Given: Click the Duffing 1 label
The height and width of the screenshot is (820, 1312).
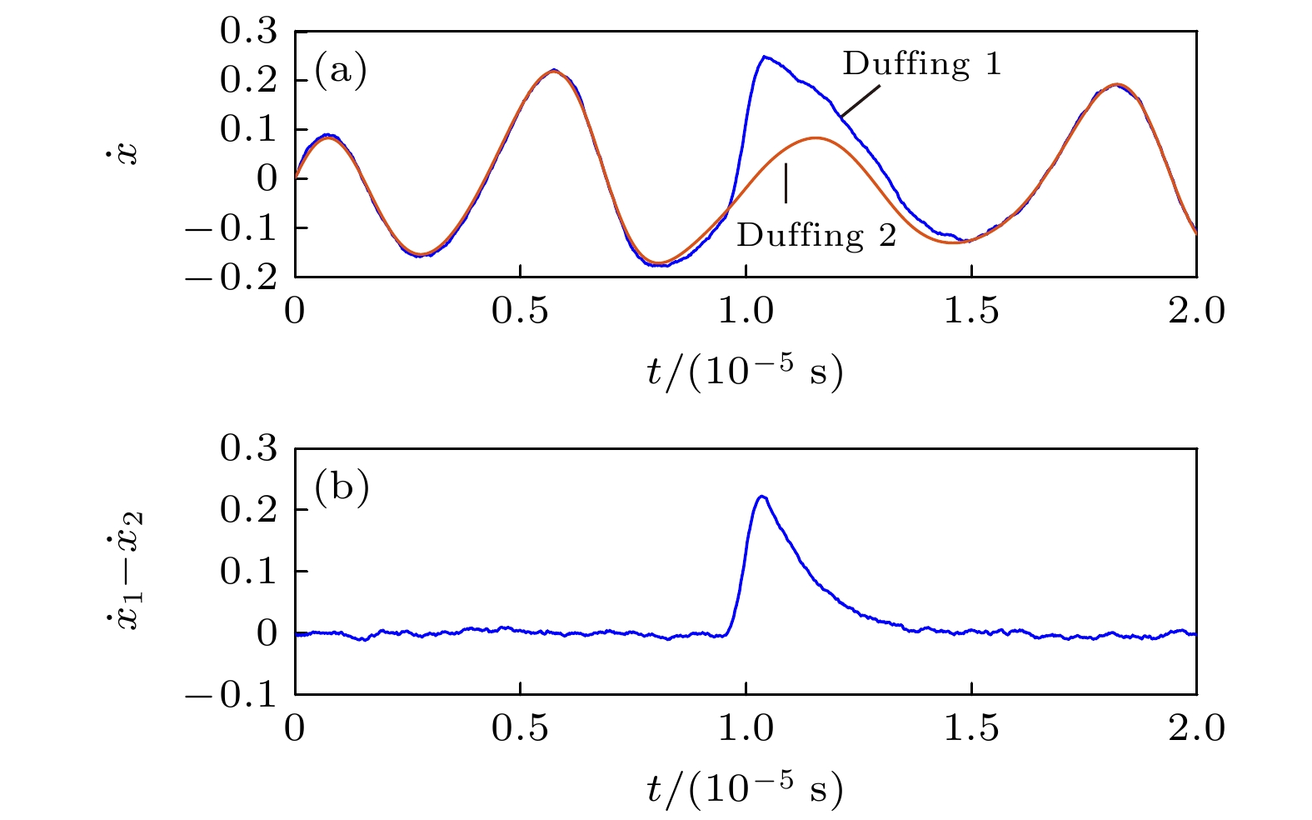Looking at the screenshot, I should click(921, 64).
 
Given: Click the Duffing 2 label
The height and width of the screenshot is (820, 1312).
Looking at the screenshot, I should click(816, 236).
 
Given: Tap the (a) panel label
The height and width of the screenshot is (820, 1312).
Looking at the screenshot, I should click(341, 71).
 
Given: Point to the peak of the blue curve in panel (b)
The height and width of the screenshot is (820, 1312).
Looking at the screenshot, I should click(761, 497).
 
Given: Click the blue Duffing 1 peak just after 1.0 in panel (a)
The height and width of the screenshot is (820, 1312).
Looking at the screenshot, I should click(764, 57).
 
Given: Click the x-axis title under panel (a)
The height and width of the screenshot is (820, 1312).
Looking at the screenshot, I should click(745, 372).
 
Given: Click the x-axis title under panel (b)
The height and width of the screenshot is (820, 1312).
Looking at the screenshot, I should click(745, 788).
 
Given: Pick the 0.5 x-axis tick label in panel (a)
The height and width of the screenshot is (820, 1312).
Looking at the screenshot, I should click(520, 311).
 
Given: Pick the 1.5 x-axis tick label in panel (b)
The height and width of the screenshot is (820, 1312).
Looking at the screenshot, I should click(971, 728).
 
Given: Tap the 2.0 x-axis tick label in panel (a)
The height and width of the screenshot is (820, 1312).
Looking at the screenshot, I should click(1196, 311).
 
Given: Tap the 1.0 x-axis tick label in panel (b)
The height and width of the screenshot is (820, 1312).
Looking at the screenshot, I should click(746, 728).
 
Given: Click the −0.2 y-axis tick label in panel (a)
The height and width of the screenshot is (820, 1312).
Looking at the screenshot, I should click(231, 277).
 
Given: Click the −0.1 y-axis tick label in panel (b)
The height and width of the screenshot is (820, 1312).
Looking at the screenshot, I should click(231, 694).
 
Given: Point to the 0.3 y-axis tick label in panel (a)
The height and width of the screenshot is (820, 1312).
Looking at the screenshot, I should click(247, 32).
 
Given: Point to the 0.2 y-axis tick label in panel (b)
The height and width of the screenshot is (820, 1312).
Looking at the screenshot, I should click(247, 510).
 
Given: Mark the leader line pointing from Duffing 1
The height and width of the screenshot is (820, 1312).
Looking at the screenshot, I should click(860, 102).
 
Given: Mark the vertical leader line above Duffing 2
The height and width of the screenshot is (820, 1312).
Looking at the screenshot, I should click(786, 183).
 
